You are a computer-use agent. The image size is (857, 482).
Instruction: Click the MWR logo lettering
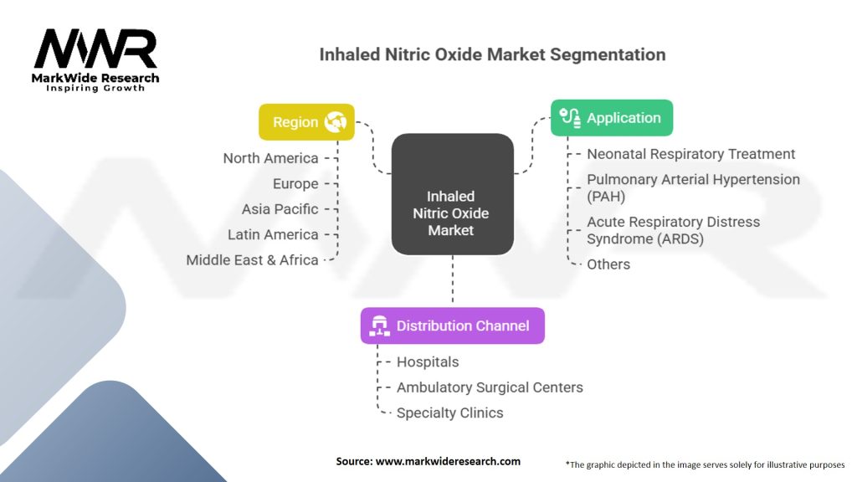click(95, 49)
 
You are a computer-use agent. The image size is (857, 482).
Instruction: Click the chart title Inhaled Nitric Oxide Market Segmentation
click(492, 54)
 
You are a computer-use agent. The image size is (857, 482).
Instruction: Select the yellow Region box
click(306, 122)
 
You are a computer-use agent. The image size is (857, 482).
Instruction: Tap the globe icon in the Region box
click(335, 122)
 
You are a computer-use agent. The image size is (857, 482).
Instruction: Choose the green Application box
click(612, 117)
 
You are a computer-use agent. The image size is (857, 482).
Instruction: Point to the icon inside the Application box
click(570, 117)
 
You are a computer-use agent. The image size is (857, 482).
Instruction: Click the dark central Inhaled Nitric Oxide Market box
click(453, 194)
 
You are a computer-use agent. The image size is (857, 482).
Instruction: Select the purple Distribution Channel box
click(453, 326)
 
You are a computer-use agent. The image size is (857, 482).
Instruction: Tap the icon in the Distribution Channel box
click(379, 326)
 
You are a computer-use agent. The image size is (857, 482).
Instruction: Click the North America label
click(270, 158)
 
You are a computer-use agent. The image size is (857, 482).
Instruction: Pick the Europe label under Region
click(295, 184)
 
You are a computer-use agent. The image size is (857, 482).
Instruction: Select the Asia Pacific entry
click(280, 209)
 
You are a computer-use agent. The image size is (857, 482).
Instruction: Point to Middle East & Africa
click(252, 260)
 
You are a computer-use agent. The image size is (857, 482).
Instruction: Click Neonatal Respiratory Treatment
click(690, 154)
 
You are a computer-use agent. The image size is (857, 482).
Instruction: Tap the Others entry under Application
click(608, 264)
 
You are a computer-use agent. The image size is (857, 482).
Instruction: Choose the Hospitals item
click(428, 362)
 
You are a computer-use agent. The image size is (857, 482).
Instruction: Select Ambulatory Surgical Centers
click(490, 387)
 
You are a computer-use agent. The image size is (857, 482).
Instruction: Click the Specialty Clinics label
click(449, 413)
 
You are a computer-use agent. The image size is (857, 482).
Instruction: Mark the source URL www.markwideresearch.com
click(448, 461)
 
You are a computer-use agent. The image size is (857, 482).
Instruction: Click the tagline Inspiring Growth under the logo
click(95, 88)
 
